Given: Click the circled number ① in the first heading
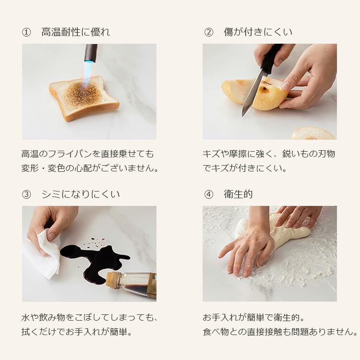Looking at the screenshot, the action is (26, 32).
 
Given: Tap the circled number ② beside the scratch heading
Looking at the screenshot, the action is (208, 32).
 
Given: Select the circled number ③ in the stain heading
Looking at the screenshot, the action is (26, 194).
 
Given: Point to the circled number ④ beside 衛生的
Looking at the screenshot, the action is (208, 194).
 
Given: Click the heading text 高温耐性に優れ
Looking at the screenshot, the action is (75, 32).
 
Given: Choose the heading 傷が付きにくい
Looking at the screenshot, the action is (258, 32).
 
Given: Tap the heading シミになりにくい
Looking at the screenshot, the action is (81, 194).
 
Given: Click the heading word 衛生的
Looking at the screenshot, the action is (238, 194).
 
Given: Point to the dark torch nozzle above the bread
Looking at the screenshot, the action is (91, 52).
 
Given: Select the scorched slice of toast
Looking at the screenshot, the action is (84, 98).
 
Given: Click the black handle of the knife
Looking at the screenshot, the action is (270, 59).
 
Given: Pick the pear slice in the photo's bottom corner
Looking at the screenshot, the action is (313, 133).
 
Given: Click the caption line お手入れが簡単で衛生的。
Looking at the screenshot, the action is (254, 318).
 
